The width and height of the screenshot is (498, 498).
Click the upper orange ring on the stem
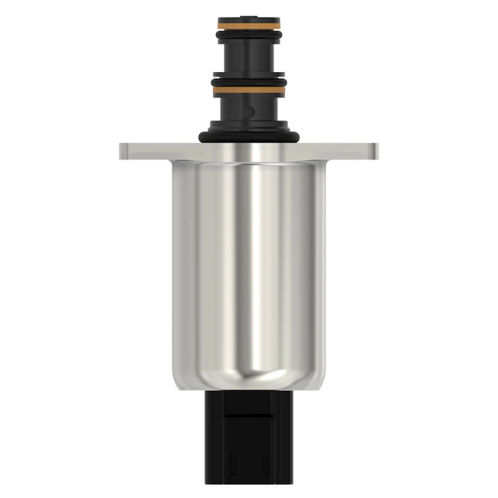click(x=249, y=31)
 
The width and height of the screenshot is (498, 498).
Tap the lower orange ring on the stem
click(x=249, y=90)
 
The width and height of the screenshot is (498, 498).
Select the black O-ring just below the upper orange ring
click(x=249, y=38)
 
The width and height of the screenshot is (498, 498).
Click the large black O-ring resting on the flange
click(x=249, y=137)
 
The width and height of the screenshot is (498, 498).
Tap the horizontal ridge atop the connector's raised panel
click(x=249, y=416)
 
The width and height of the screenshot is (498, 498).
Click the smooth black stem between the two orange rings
click(x=249, y=57)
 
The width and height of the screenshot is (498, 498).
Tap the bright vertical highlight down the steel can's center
click(x=254, y=260)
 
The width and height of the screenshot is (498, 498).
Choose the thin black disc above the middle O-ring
click(x=249, y=76)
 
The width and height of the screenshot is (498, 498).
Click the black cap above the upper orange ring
click(x=249, y=23)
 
